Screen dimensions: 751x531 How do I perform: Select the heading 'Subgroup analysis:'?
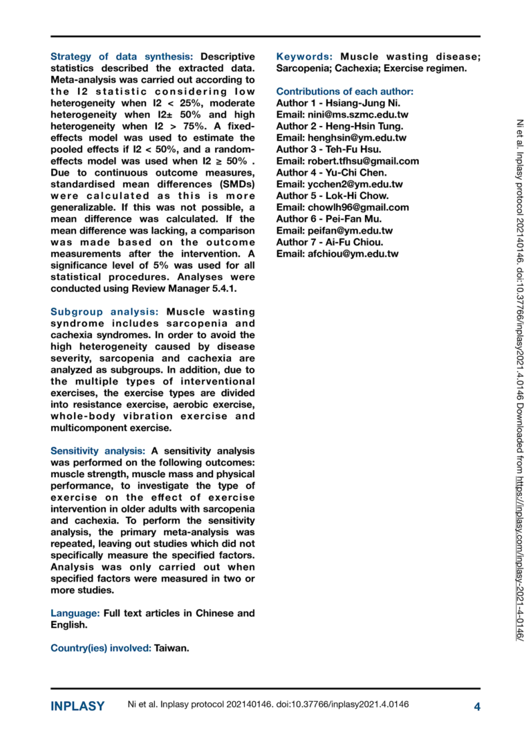[104, 312]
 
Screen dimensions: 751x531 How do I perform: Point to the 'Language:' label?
[75, 613]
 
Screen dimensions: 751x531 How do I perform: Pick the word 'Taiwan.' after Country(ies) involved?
[171, 648]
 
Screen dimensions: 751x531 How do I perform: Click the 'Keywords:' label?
[305, 57]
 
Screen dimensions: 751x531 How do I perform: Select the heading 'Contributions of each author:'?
[345, 91]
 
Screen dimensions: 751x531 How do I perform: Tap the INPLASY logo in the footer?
[77, 706]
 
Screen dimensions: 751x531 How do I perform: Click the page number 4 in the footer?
[476, 706]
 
